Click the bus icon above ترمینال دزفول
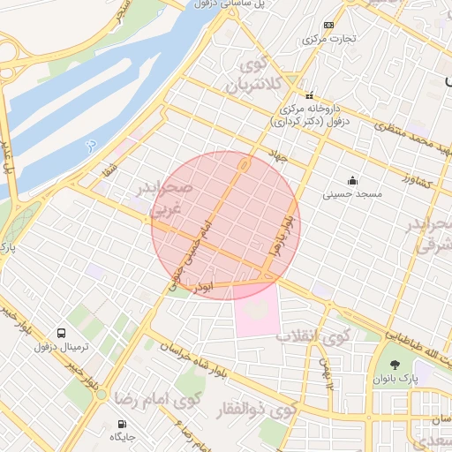click(x=62, y=333)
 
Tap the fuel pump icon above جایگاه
click(x=121, y=423)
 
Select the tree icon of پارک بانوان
click(x=395, y=365)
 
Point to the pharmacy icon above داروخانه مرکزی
click(x=309, y=95)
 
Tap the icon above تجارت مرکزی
click(x=329, y=25)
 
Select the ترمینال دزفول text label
click(x=62, y=347)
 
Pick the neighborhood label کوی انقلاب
click(x=313, y=335)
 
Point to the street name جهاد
click(x=282, y=156)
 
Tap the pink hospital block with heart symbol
click(x=257, y=309)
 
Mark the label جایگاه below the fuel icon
click(x=121, y=437)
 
